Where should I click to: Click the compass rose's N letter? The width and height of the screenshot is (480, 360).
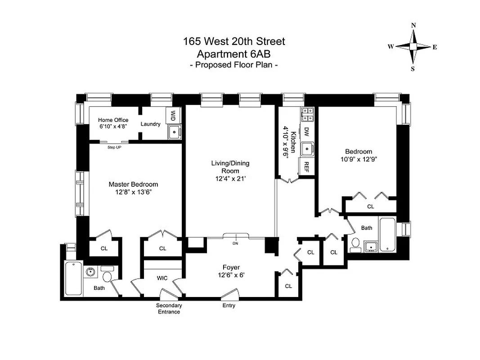pyautogui.click(x=413, y=25)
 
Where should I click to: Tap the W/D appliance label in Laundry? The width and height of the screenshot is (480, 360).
pyautogui.click(x=173, y=116)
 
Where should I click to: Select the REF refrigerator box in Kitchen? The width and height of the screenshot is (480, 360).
pyautogui.click(x=306, y=166)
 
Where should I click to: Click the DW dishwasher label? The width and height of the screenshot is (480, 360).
pyautogui.click(x=306, y=131)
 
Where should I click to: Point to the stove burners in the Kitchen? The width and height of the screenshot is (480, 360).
pyautogui.click(x=307, y=114)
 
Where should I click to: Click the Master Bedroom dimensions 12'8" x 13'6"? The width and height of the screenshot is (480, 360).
pyautogui.click(x=133, y=192)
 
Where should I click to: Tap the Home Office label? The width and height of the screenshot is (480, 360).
pyautogui.click(x=113, y=120)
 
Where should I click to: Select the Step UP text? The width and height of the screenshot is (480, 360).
pyautogui.click(x=114, y=148)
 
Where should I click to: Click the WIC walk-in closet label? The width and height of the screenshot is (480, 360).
pyautogui.click(x=162, y=278)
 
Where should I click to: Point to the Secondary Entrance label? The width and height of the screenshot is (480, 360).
pyautogui.click(x=169, y=309)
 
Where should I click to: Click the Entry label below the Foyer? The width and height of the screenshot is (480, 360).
pyautogui.click(x=229, y=306)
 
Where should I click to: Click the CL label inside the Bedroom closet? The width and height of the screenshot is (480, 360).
pyautogui.click(x=370, y=207)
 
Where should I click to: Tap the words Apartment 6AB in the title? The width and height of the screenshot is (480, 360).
pyautogui.click(x=233, y=54)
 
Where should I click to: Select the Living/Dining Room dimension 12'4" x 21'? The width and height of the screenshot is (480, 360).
pyautogui.click(x=230, y=179)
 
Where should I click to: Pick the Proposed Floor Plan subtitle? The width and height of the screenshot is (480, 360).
pyautogui.click(x=233, y=65)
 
